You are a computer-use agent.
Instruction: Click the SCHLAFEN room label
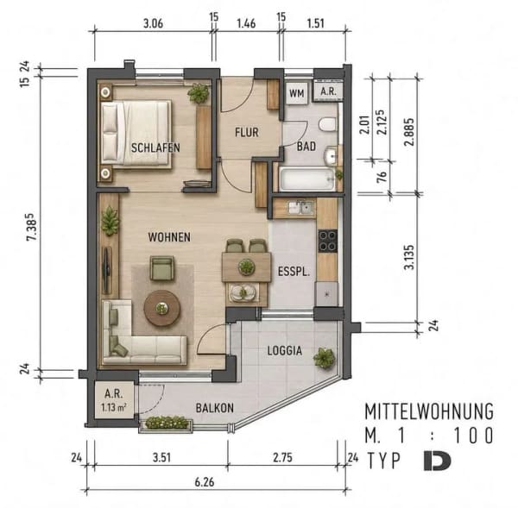155,147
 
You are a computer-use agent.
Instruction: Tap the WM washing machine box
297,93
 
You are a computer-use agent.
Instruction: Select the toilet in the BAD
328,125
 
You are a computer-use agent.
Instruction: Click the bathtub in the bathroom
306,179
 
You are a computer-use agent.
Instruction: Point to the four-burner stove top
328,241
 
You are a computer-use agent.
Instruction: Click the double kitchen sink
301,208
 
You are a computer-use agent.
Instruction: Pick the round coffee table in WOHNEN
162,308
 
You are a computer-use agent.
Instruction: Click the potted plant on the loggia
325,358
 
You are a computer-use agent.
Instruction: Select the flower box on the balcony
166,423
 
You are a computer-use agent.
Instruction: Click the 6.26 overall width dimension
204,482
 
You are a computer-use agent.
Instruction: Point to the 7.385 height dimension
32,227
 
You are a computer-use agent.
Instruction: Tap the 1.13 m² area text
114,407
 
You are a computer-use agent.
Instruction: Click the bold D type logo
437,461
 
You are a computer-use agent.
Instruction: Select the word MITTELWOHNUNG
429,411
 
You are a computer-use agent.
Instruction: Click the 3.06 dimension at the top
153,24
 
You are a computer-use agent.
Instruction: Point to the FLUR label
247,132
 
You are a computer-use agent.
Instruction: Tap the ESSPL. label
294,272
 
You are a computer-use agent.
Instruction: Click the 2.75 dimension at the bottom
283,457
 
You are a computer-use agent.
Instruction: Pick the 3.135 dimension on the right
409,257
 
